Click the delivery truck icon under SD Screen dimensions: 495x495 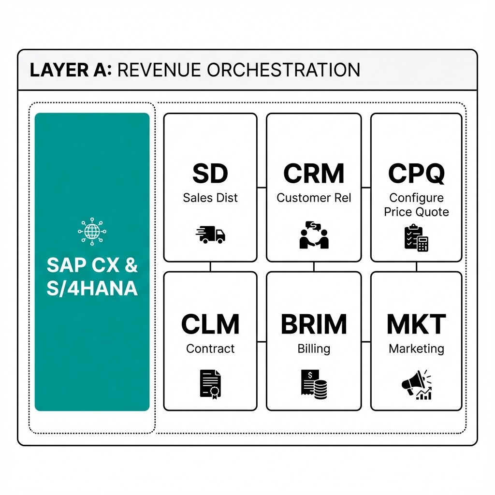[x=210, y=234]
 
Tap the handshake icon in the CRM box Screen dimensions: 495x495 [x=314, y=235]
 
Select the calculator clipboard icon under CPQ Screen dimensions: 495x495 [x=416, y=237]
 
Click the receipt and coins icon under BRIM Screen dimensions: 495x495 [x=314, y=384]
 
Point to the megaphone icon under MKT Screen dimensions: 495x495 [x=416, y=385]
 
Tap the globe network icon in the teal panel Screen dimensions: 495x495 [x=91, y=232]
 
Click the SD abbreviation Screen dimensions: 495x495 [x=210, y=174]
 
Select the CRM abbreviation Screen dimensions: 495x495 [x=314, y=174]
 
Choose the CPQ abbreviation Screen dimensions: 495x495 [x=416, y=174]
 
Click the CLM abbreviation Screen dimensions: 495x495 [x=210, y=324]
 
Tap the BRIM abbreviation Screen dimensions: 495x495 [x=314, y=324]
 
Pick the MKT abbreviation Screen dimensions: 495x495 [x=416, y=324]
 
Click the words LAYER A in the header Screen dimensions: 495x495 [x=71, y=70]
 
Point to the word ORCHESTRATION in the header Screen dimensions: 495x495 [x=284, y=70]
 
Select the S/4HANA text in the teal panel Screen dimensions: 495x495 [x=92, y=288]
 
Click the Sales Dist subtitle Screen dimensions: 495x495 [x=210, y=198]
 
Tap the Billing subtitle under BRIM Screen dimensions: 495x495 [x=314, y=349]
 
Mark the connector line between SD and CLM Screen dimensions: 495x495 [x=210, y=266]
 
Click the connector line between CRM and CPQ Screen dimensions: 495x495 [x=366, y=187]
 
